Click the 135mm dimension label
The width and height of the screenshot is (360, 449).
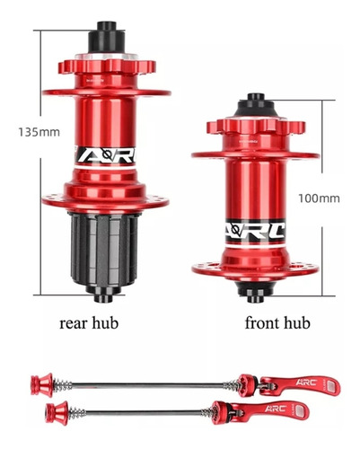coord(40,132)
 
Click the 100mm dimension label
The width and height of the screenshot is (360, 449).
coord(319,198)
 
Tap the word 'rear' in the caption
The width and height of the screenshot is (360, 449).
coord(71,324)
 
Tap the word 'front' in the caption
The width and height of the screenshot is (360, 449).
coord(260,323)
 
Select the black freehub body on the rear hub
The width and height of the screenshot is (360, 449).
coord(105,250)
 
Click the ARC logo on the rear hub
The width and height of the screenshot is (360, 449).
coord(105,155)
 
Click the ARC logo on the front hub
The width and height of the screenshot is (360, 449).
coord(255,232)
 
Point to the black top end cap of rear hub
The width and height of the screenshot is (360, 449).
coord(106,38)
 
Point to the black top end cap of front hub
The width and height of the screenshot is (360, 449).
coord(256,106)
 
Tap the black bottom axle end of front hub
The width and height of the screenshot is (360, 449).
coord(255,292)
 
